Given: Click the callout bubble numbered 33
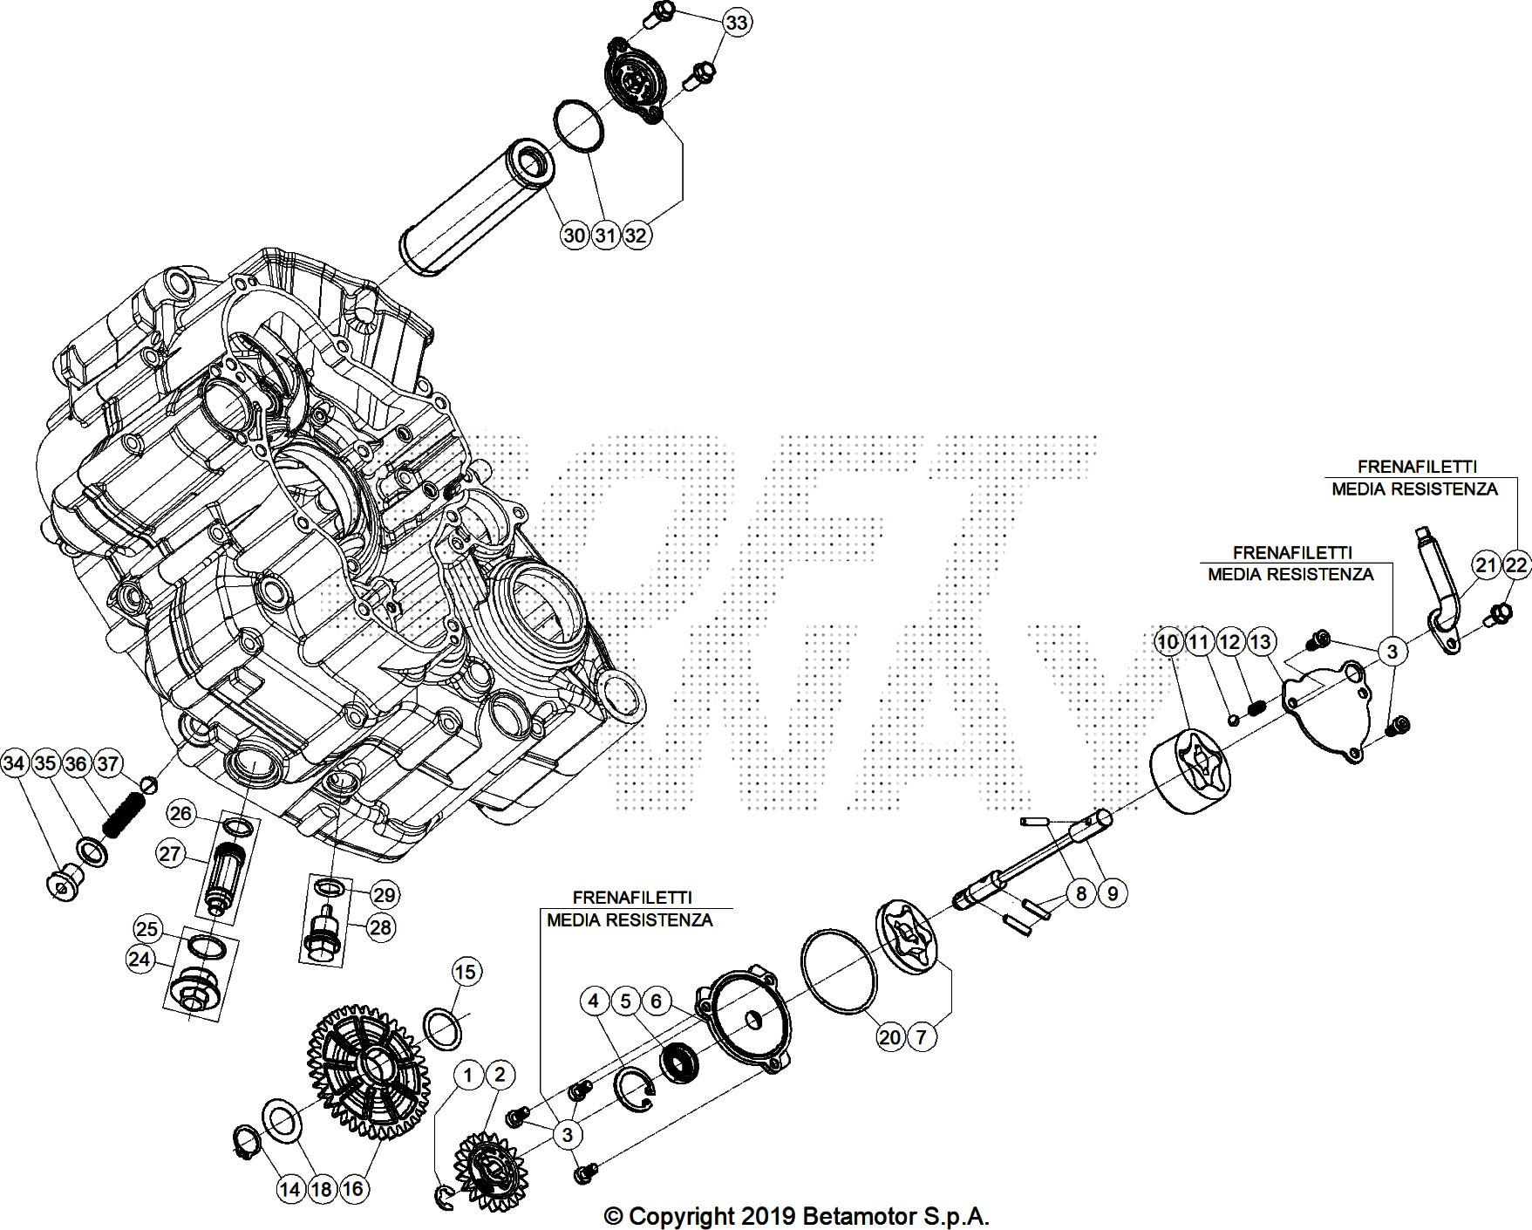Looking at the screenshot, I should (x=737, y=22).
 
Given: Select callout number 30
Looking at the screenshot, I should (x=574, y=235).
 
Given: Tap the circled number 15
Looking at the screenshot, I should (x=466, y=972).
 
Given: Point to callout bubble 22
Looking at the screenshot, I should (x=1516, y=565).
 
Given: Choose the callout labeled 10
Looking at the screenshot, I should (x=1168, y=643).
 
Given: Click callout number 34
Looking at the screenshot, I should (x=14, y=764).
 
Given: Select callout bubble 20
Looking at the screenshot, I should (x=889, y=1037).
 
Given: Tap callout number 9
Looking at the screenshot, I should (x=1113, y=893).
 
